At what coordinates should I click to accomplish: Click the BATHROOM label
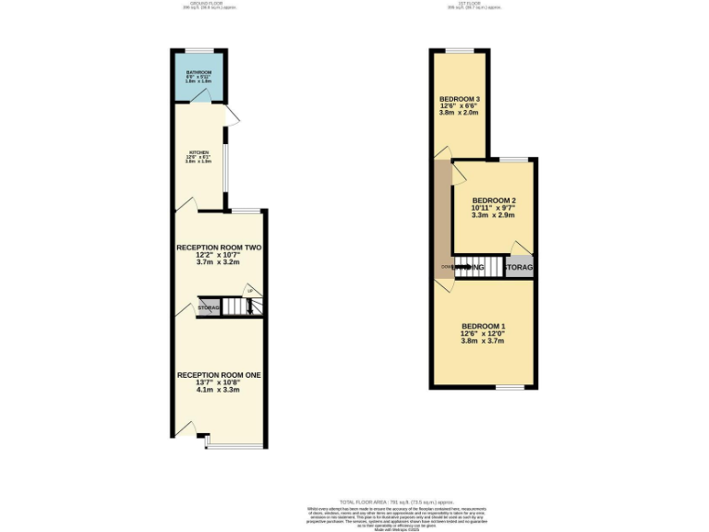point(198,72)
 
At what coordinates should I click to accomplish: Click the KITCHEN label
point(199,152)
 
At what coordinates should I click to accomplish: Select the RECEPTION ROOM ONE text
point(218,376)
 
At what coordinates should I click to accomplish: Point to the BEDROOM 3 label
point(459,99)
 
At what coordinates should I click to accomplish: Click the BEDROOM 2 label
point(493,200)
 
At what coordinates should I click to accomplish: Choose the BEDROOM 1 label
point(484,327)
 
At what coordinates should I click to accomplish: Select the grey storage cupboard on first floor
point(520,268)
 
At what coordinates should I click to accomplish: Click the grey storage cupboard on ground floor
point(209,308)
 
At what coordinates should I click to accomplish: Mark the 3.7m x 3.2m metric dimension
point(219,262)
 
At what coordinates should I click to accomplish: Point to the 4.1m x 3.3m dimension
point(218,390)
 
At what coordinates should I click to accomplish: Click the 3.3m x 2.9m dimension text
point(493,215)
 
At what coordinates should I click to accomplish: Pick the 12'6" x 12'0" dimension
point(484,333)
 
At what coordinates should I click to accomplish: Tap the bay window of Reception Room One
point(234,447)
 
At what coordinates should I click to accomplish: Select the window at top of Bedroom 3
point(460,49)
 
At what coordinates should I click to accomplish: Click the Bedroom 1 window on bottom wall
point(511,387)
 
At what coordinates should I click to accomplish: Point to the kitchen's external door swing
point(234,115)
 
